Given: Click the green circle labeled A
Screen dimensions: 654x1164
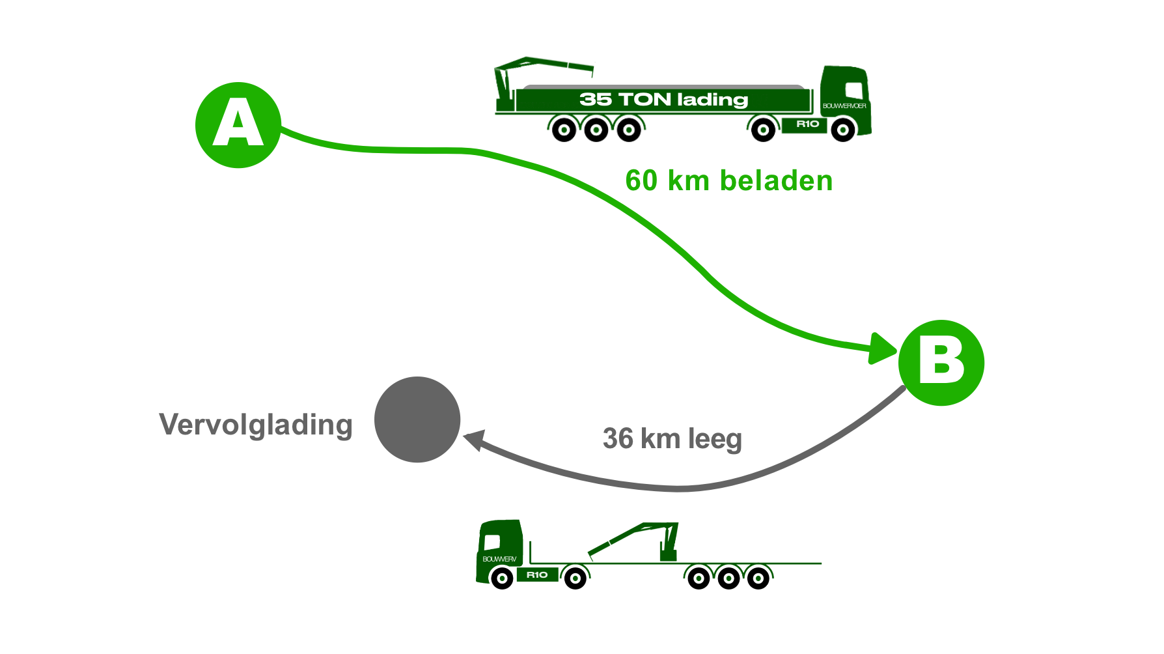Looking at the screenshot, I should pos(238,125).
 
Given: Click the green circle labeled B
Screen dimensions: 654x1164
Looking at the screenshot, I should pos(941,363).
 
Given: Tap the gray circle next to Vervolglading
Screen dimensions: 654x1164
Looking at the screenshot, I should pos(417,419).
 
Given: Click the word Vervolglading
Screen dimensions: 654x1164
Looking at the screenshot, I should pos(256,425).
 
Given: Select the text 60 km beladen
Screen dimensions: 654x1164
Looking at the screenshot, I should pos(728,180).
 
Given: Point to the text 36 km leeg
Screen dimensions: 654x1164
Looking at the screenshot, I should pos(672,438).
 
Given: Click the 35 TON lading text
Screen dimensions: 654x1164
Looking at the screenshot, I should pos(663,100).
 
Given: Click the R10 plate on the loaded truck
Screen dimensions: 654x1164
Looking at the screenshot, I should pos(807,124).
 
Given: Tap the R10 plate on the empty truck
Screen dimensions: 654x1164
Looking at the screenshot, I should pos(537,575).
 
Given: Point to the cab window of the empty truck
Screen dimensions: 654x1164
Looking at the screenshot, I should pos(493,541).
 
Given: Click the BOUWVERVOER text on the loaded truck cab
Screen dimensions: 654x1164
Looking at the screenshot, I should pos(844,106).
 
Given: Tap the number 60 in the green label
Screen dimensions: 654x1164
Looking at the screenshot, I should pos(641,180).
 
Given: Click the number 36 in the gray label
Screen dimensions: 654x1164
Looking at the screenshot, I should pos(618,438).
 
